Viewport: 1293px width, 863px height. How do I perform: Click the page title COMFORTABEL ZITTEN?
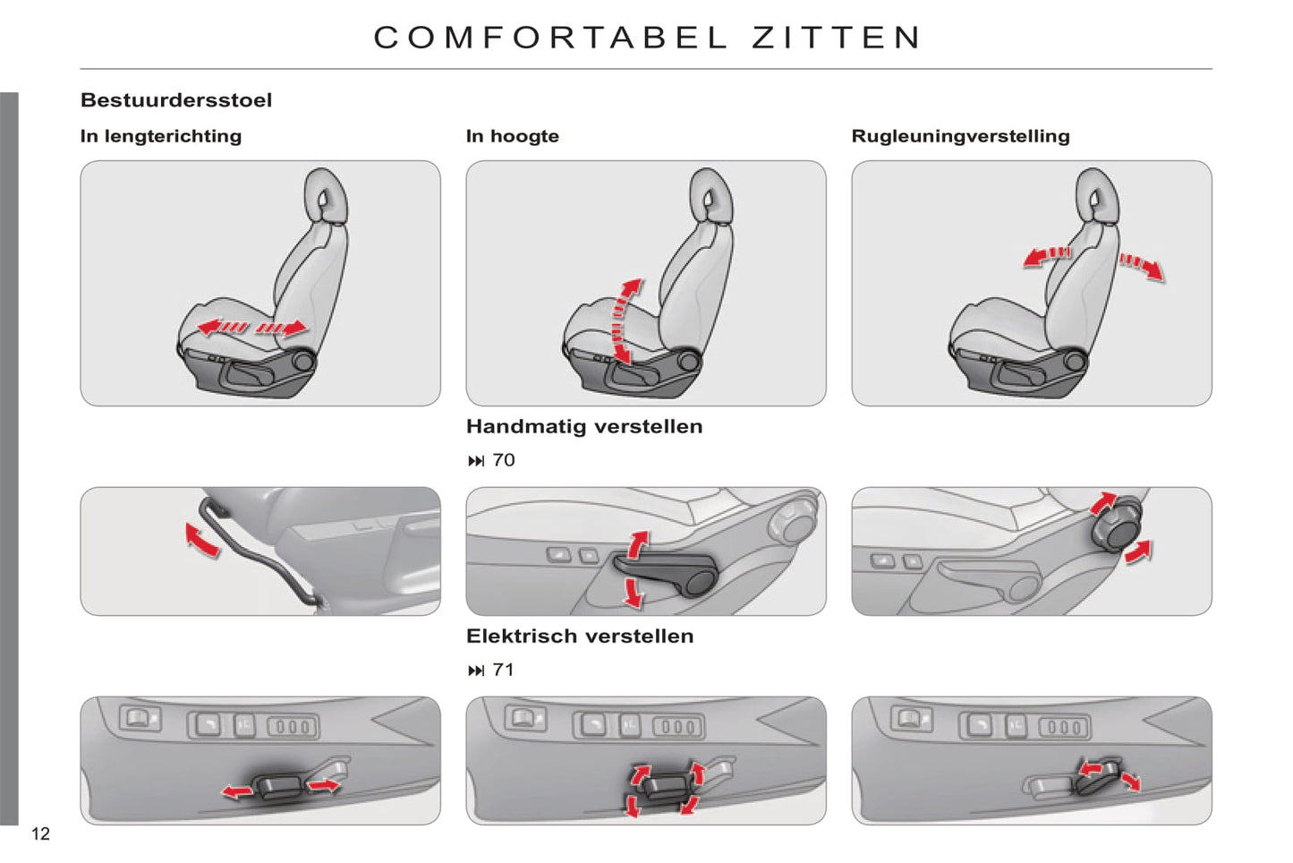pos(647,38)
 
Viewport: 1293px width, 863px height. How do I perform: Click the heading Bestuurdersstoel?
pos(176,100)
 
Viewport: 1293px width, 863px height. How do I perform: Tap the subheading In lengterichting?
pos(161,136)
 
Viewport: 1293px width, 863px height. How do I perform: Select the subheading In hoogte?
pos(513,136)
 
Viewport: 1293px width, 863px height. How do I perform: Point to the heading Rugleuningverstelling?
pos(960,136)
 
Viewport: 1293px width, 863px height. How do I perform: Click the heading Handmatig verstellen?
pos(584,426)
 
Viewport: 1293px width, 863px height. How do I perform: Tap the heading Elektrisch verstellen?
pos(580,636)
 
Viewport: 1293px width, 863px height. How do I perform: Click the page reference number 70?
pos(504,460)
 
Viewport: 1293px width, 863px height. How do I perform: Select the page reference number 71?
pos(504,670)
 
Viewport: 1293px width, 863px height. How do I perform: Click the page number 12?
pos(40,833)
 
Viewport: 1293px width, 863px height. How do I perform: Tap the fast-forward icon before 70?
pos(476,461)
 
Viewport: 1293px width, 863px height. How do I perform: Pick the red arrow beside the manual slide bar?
pos(201,540)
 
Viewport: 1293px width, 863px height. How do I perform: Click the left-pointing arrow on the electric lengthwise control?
pos(237,791)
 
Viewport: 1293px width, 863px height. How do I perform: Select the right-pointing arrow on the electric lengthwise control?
pos(323,784)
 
